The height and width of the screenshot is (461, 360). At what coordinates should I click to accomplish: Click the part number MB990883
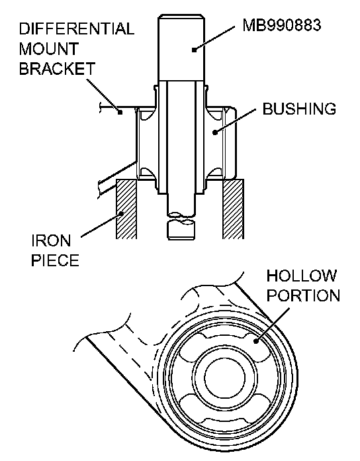coord(282,25)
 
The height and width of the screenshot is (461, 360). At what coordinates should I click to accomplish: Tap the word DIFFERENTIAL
coord(77,29)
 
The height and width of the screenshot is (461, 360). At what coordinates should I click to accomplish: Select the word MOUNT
coord(49,49)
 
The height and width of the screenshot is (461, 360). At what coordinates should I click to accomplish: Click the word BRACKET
coord(58,68)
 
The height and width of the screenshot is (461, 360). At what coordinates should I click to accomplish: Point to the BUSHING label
coord(299,109)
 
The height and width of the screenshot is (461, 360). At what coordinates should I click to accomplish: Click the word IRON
coord(51,241)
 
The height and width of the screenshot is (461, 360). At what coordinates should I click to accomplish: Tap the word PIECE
coord(55,260)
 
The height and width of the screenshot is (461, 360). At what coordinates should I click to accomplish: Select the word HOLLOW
coord(302,276)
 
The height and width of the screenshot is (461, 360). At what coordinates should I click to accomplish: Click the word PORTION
coord(303,295)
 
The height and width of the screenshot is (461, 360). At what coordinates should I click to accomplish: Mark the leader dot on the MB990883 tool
coord(194,50)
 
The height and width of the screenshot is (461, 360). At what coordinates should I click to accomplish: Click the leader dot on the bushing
coord(215,132)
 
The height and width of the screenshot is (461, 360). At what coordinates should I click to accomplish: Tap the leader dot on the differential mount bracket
coord(120,112)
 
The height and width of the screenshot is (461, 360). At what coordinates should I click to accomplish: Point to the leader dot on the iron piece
coord(120,214)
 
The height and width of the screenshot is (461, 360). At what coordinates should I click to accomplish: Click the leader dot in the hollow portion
coord(256,341)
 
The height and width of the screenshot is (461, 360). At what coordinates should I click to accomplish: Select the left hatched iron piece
coord(126,209)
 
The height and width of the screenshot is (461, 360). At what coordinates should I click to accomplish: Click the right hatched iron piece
coord(234,209)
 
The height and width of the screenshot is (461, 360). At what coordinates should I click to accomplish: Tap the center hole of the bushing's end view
coord(224,378)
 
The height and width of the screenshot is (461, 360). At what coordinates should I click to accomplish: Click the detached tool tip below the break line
coord(181,230)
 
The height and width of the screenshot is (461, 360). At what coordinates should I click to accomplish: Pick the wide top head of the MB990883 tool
coord(181,47)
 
